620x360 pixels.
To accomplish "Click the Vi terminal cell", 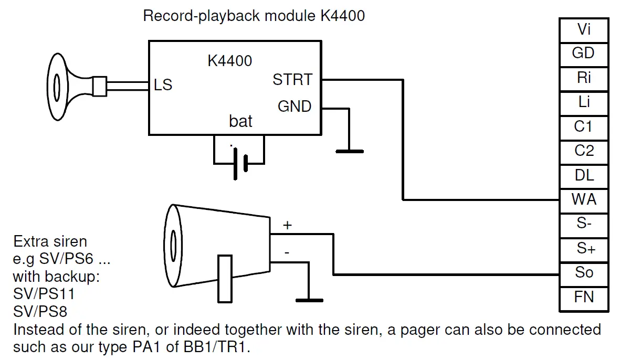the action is point(584,30).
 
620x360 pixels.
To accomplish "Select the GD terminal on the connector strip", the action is point(584,54).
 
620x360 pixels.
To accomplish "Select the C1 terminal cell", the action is point(584,128).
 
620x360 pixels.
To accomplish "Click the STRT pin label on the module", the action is point(292,80).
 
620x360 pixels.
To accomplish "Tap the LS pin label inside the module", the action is point(163,85).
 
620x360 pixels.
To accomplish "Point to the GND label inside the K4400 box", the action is point(295,107).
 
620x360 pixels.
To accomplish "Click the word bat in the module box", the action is point(240,121).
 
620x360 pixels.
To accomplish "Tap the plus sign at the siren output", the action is point(288,225).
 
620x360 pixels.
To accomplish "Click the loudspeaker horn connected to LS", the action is point(77,87).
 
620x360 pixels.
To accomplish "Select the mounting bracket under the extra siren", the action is point(225,279).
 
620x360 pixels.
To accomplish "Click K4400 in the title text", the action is point(342,16).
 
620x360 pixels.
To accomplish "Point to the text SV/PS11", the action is point(44,293).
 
